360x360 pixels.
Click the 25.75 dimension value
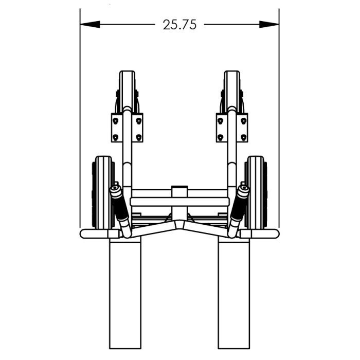point(179,25)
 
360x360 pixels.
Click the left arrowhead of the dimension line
point(90,24)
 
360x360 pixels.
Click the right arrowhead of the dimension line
point(269,24)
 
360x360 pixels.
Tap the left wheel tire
point(103,192)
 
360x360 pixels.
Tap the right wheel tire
point(256,192)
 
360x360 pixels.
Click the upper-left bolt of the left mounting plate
point(116,120)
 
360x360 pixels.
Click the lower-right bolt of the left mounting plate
point(138,137)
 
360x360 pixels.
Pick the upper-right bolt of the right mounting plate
point(243,120)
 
